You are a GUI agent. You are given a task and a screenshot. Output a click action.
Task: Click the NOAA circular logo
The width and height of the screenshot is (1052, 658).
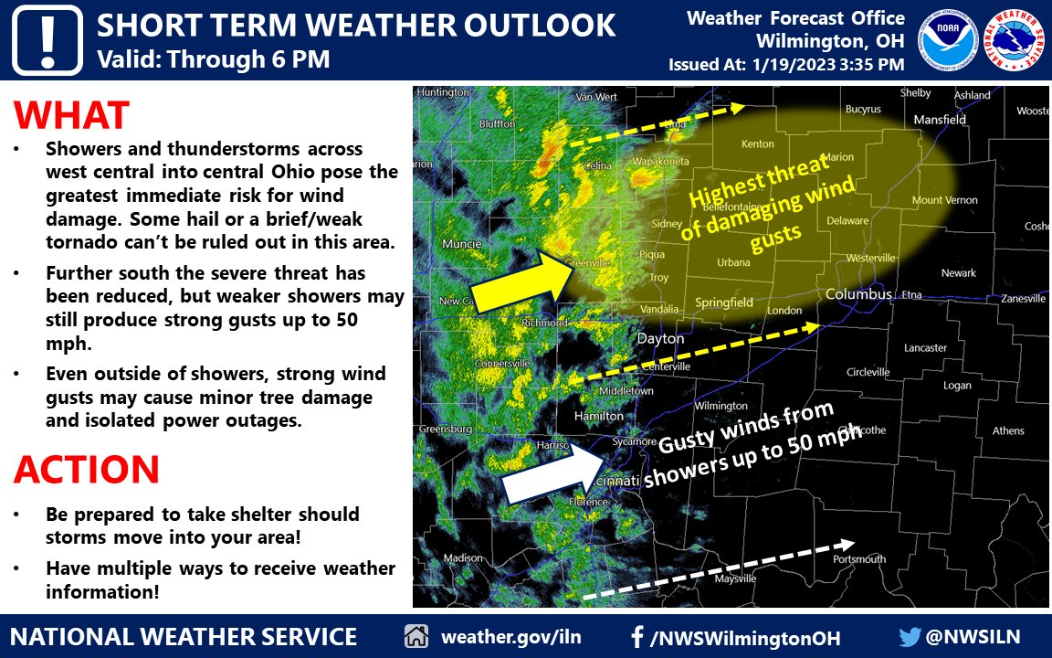950,39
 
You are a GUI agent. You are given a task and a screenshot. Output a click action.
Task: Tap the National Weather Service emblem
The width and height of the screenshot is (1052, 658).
1016,39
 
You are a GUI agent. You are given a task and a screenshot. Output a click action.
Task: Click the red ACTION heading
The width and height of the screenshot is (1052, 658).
87,470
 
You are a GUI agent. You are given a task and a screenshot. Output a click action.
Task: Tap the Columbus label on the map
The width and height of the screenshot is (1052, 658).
858,294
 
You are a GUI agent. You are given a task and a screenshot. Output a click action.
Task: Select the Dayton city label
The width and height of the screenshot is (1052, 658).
660,338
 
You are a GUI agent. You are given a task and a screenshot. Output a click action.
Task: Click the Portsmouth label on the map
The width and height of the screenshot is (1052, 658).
858,558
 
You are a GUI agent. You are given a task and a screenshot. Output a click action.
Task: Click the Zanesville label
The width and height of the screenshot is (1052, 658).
1023,299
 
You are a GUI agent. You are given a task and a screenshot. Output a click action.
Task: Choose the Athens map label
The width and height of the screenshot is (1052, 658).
1008,430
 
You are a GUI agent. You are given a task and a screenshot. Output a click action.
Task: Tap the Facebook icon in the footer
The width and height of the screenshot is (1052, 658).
637,637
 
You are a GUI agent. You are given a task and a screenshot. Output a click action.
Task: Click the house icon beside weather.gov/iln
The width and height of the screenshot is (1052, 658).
416,637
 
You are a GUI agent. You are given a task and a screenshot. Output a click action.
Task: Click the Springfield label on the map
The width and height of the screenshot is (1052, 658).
724,302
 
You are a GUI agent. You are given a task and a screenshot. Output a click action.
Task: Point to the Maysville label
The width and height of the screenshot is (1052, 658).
716,579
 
